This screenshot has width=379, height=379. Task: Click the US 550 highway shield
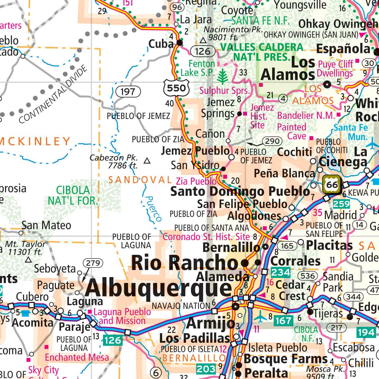point(176,88)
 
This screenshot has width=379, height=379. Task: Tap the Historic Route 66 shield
point(332,185)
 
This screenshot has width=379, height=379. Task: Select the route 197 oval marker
point(128,91)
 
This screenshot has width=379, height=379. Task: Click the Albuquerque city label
point(158,288)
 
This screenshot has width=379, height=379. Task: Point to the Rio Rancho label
point(185,263)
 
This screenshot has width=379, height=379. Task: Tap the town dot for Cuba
point(179,42)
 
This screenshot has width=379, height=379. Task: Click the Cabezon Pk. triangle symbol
point(147,161)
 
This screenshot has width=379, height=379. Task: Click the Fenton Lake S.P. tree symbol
point(223,77)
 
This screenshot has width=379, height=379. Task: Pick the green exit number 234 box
point(280,272)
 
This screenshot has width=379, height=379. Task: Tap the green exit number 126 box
point(112,340)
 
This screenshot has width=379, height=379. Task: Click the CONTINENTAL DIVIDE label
point(53,94)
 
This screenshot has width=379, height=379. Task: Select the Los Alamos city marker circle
point(327,84)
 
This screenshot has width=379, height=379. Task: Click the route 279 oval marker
point(93,263)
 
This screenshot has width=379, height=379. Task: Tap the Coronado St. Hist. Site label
point(206,237)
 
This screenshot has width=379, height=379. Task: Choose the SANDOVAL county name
point(140,180)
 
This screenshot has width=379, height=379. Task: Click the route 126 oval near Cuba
point(203,51)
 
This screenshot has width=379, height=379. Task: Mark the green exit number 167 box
point(283,321)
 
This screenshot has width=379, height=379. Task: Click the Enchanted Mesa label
point(77,357)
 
